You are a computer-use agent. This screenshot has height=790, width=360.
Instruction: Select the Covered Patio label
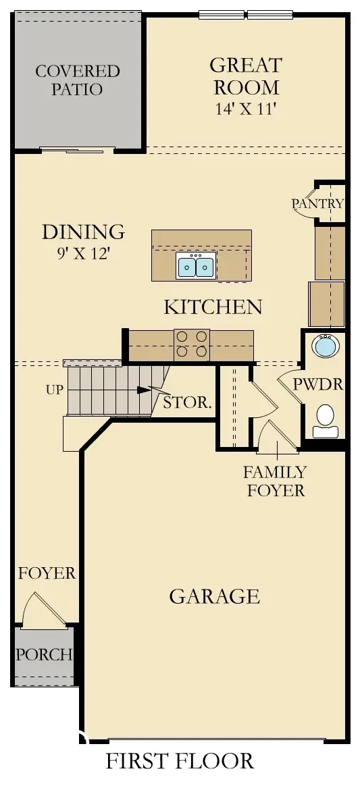pyautogui.click(x=77, y=80)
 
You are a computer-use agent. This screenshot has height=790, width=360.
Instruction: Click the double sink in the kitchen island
pyautogui.click(x=196, y=267)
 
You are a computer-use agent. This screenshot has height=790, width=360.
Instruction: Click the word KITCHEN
pyautogui.click(x=213, y=307)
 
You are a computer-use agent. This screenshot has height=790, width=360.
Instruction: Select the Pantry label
pyautogui.click(x=317, y=203)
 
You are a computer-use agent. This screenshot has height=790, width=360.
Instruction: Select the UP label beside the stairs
pyautogui.click(x=55, y=390)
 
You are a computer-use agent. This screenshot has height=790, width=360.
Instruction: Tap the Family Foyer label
pyautogui.click(x=275, y=481)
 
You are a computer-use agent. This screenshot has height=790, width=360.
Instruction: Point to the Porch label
pyautogui.click(x=44, y=654)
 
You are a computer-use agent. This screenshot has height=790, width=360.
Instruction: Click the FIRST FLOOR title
pyautogui.click(x=180, y=761)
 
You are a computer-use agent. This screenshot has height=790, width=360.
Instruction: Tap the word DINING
pyautogui.click(x=83, y=232)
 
